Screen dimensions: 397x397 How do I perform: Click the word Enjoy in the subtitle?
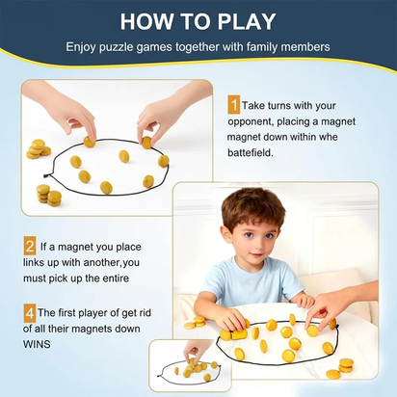(84, 46)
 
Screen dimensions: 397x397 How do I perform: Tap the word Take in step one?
(255, 104)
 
